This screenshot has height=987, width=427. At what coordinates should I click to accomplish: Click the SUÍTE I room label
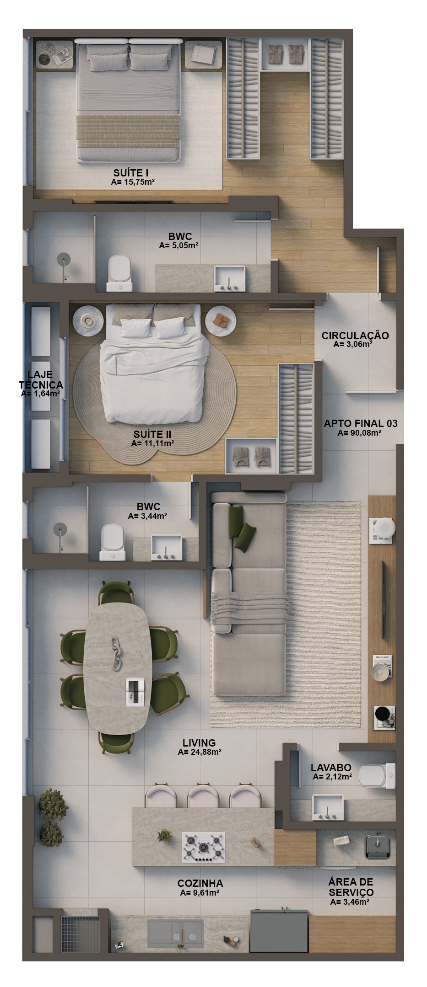click(131, 173)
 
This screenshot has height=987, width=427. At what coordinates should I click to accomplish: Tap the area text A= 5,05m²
click(178, 245)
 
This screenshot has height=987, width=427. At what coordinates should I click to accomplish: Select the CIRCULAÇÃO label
click(355, 336)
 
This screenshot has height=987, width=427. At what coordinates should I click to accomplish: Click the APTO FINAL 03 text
click(361, 423)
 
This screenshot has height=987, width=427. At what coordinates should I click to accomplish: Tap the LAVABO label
click(331, 768)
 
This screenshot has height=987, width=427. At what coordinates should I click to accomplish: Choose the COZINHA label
click(200, 883)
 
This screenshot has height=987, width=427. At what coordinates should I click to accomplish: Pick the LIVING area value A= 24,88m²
click(200, 752)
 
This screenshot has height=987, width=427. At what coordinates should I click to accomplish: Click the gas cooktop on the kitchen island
click(204, 847)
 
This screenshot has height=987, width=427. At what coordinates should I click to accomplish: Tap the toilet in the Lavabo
click(377, 776)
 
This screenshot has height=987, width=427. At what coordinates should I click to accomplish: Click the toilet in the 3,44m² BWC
click(112, 542)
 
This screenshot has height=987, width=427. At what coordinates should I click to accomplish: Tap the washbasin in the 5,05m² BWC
click(230, 277)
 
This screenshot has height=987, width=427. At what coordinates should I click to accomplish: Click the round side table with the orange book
click(221, 320)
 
